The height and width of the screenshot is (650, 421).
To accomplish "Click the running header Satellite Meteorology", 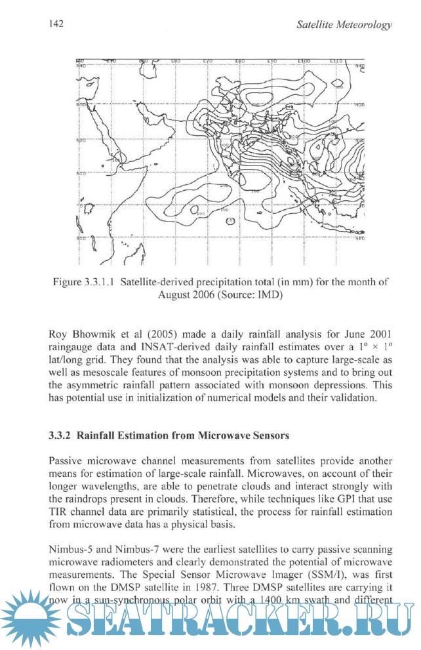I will (344, 25).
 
